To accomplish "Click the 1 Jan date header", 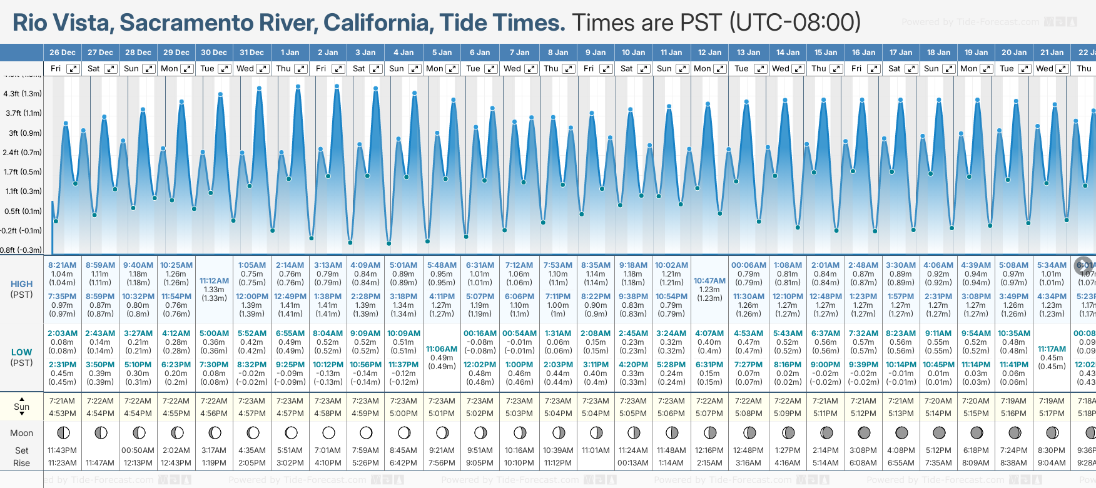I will click(x=290, y=53).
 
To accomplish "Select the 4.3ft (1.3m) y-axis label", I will click(x=23, y=94).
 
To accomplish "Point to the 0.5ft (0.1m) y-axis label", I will click(x=23, y=211).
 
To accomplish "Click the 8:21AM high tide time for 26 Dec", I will click(x=62, y=265).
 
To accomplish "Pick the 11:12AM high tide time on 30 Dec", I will click(x=214, y=281).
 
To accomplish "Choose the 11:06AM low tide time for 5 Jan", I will click(x=442, y=349).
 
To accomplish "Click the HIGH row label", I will click(x=21, y=284).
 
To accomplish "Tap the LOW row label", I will click(x=21, y=352).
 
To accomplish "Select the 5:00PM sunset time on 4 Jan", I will click(x=403, y=414).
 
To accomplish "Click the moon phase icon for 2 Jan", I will click(x=328, y=432).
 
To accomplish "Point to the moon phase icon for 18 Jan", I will click(x=939, y=432).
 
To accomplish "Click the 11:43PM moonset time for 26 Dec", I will click(x=62, y=450).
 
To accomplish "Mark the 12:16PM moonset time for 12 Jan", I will click(x=710, y=450).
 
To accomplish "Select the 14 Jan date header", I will click(x=788, y=53).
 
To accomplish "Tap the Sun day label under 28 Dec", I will click(x=131, y=69).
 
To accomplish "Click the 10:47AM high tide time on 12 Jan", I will click(x=709, y=281).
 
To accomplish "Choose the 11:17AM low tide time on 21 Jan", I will click(x=1052, y=349).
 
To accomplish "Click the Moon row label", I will click(x=21, y=433).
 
